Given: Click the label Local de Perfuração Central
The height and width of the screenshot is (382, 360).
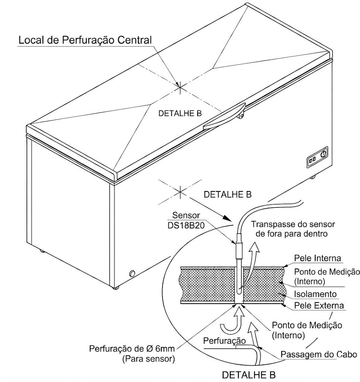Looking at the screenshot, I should pos(85,40).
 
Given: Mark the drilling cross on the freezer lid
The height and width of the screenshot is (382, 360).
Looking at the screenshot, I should pos(180,87).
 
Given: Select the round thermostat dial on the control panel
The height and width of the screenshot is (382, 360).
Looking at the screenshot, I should pos(323,153).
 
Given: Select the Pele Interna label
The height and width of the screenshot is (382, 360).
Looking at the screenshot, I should pos(317,259).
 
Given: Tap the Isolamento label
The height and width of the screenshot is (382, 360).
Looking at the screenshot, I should pos(315,294).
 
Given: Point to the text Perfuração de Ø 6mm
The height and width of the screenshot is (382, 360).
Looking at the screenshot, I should pos(132,350).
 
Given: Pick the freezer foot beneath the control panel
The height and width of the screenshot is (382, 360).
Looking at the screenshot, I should pos(312,176).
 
